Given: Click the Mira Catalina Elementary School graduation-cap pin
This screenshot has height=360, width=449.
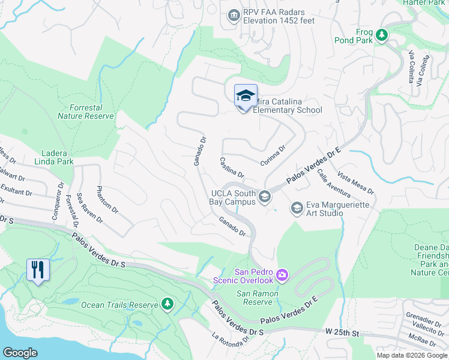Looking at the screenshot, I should pyautogui.click(x=246, y=97).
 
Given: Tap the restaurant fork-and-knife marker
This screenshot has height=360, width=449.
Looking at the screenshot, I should pyautogui.click(x=38, y=270).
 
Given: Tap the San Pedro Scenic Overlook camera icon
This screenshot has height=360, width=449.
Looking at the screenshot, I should pyautogui.click(x=282, y=275).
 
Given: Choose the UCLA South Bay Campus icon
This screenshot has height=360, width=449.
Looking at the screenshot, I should pyautogui.click(x=264, y=196).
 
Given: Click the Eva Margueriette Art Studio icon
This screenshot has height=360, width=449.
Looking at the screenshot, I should pyautogui.click(x=296, y=208).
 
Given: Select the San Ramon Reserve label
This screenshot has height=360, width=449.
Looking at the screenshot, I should pyautogui.click(x=257, y=298).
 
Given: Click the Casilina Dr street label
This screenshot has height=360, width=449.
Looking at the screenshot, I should pyautogui.click(x=232, y=167).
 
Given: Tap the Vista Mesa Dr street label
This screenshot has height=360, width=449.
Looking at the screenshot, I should pyautogui.click(x=356, y=183).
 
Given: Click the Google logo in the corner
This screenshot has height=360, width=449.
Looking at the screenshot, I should pyautogui.click(x=20, y=352).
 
